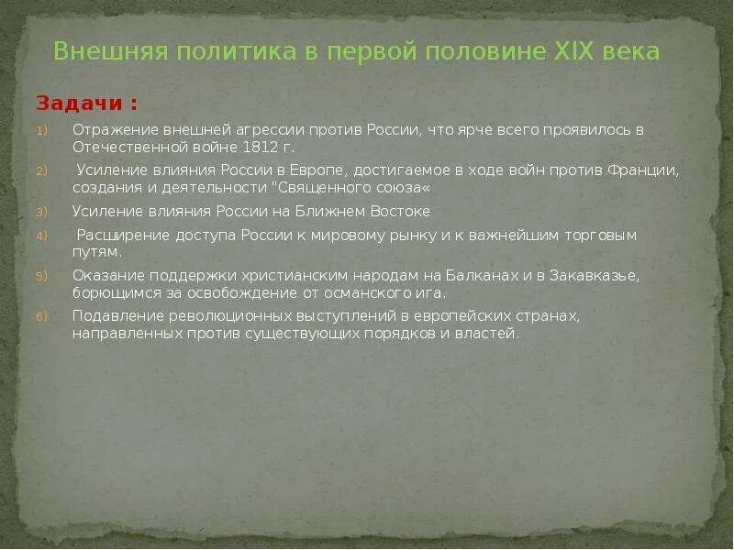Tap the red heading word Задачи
[x=80, y=102]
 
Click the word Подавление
[x=116, y=316]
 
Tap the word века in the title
[x=632, y=51]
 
